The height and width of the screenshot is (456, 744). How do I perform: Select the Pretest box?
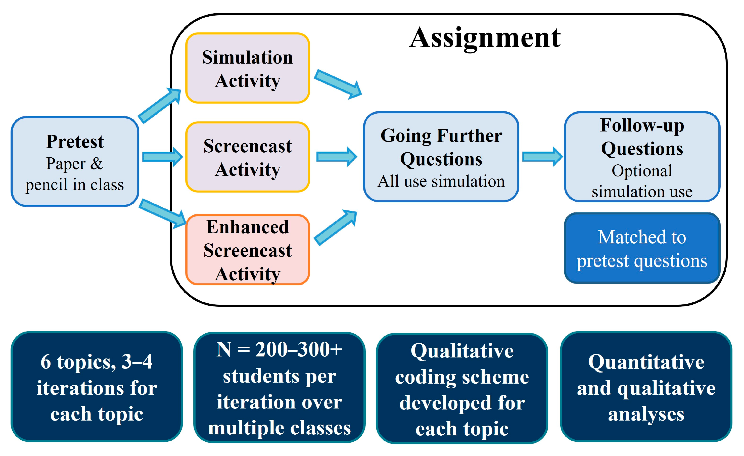(x=75, y=162)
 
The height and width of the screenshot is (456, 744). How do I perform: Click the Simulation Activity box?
(x=248, y=68)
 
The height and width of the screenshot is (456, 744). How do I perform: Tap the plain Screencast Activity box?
(x=248, y=157)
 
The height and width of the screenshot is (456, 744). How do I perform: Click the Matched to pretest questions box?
(x=642, y=248)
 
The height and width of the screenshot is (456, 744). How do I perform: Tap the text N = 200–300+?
(x=279, y=350)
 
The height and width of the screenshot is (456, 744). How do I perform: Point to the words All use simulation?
(x=441, y=181)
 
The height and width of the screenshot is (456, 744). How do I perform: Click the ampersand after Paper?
(x=97, y=164)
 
